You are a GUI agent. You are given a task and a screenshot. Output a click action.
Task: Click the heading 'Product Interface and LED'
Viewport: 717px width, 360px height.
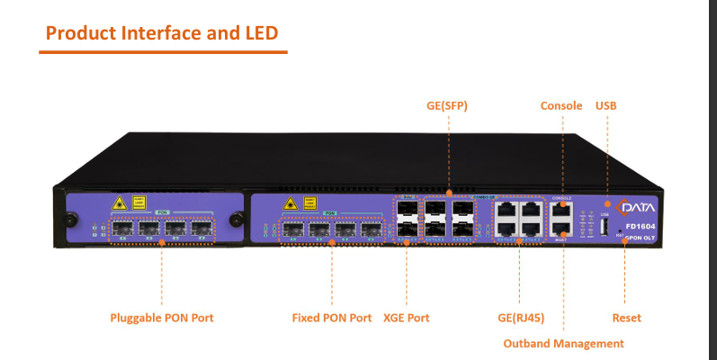(162, 33)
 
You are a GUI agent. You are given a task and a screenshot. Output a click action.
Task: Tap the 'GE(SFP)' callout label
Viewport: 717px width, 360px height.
(447, 105)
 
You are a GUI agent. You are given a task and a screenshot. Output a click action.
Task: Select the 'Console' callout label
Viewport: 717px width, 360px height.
(561, 105)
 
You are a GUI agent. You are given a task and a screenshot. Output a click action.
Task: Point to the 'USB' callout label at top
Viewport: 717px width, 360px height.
(606, 105)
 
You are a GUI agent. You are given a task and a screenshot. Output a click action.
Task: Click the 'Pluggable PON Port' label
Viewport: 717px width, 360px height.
(162, 318)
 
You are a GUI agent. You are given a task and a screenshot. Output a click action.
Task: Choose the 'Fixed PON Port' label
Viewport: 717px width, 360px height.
(332, 318)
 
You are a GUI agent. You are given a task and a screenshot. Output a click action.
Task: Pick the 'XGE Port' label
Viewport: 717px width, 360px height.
(407, 318)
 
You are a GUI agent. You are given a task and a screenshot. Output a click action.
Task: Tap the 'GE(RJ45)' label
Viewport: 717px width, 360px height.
(518, 318)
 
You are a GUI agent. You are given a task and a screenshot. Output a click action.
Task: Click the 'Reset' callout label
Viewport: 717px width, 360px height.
(626, 318)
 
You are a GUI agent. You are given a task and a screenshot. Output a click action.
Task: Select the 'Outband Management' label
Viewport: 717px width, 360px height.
(563, 343)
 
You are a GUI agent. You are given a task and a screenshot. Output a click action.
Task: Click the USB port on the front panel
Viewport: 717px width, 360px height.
(605, 228)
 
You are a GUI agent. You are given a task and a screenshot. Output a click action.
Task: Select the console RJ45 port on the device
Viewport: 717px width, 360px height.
(561, 210)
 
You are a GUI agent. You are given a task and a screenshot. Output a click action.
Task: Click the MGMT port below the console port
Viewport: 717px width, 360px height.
(561, 230)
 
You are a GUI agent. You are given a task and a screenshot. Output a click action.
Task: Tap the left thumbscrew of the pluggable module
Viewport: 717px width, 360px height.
(67, 219)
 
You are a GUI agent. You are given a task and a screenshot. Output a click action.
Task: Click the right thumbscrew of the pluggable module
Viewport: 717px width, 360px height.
(237, 219)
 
